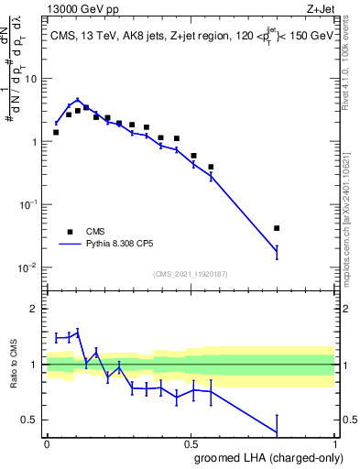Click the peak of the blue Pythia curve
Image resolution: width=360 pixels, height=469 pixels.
coord(78,100)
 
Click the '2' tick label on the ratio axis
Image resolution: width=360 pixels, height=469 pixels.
coord(35,309)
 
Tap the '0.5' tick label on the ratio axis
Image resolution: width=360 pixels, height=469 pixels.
coord(30,420)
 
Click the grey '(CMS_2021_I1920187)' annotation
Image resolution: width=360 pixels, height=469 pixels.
coord(191,274)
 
